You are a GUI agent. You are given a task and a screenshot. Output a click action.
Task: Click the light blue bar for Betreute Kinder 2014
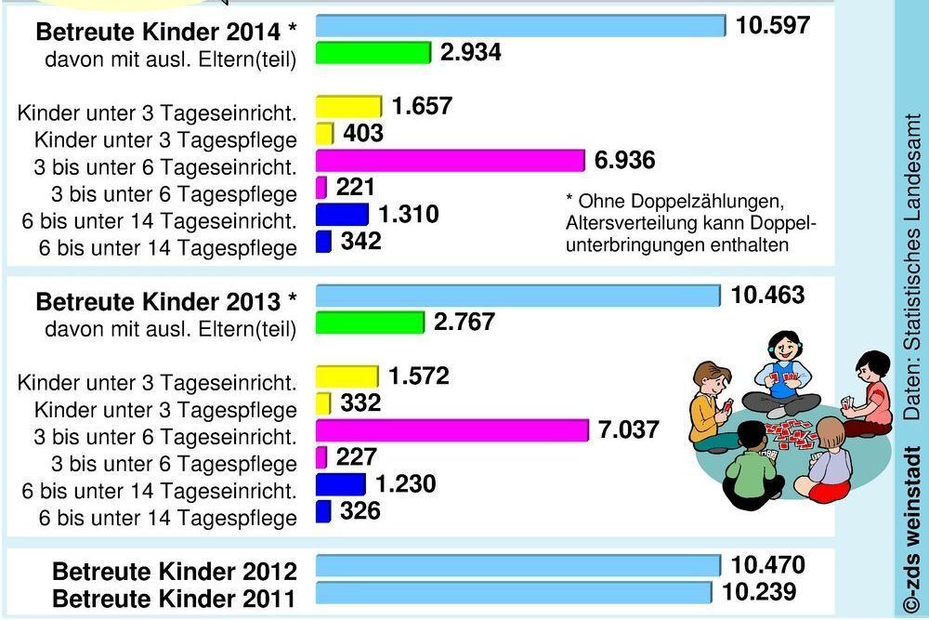[520, 25]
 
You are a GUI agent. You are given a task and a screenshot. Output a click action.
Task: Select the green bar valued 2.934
[373, 53]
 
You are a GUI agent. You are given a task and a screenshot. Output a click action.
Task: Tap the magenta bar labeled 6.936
[451, 161]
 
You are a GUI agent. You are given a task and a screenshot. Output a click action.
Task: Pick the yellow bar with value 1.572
[347, 376]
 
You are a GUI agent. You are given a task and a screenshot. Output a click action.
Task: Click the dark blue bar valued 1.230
[341, 484]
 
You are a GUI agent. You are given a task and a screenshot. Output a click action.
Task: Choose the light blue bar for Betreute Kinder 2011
[514, 593]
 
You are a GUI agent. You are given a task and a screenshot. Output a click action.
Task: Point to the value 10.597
[773, 25]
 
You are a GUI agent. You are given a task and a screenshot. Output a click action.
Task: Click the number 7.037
[628, 430]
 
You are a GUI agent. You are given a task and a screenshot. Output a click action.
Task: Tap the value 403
[362, 134]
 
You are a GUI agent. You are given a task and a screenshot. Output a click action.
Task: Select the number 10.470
[767, 565]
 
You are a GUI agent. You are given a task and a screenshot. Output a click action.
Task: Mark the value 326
[360, 511]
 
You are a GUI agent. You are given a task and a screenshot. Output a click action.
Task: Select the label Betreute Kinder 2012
[175, 571]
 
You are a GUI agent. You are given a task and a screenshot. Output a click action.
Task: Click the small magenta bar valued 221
[321, 188]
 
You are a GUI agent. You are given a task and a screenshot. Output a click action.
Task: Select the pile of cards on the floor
[790, 431]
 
